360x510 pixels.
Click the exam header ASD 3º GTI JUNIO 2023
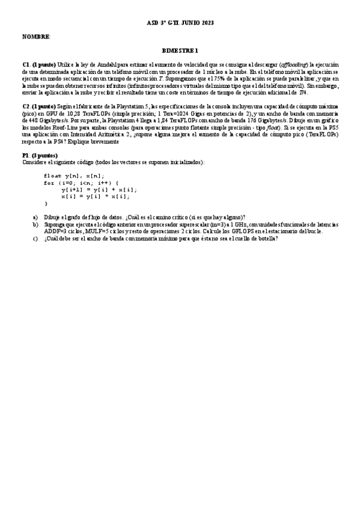coord(180,23)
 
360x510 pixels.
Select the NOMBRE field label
coord(36,37)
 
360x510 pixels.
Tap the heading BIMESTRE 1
coord(180,51)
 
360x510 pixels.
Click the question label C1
coord(26,65)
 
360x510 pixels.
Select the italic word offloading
coord(293,65)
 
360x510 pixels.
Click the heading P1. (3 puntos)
coord(40,156)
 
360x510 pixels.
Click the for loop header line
coord(81,182)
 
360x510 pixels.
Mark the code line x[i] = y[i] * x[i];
coord(95,196)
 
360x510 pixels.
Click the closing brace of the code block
coord(46,203)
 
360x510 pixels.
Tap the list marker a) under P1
coord(35,217)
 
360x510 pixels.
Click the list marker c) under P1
coord(35,238)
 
